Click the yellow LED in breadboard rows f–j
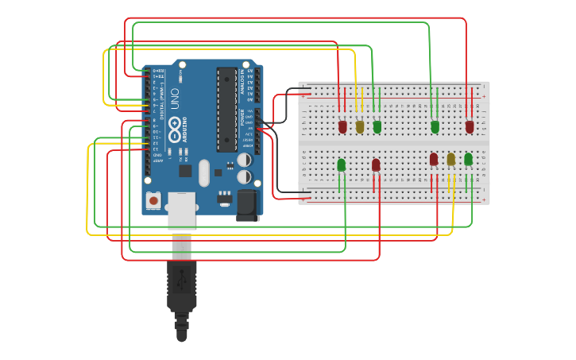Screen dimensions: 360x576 pyautogui.click(x=360, y=126)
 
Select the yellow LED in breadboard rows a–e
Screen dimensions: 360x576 pyautogui.click(x=450, y=159)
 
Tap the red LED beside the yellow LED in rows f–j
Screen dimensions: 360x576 pyautogui.click(x=342, y=126)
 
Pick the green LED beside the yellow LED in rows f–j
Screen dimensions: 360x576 pyautogui.click(x=377, y=126)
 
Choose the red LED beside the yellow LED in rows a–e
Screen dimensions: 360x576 pyautogui.click(x=434, y=159)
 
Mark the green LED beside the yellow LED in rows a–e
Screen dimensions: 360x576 pyautogui.click(x=468, y=159)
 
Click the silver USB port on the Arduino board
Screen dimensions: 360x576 pyautogui.click(x=181, y=211)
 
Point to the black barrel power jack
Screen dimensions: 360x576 pyautogui.click(x=248, y=204)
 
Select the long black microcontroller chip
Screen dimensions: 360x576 pyautogui.click(x=226, y=109)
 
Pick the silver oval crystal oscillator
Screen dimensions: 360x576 pyautogui.click(x=204, y=172)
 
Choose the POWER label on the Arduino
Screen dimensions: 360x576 pyautogui.click(x=242, y=118)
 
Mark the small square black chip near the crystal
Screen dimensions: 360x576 pyautogui.click(x=185, y=170)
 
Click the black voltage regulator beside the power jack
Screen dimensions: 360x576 pyautogui.click(x=225, y=195)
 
